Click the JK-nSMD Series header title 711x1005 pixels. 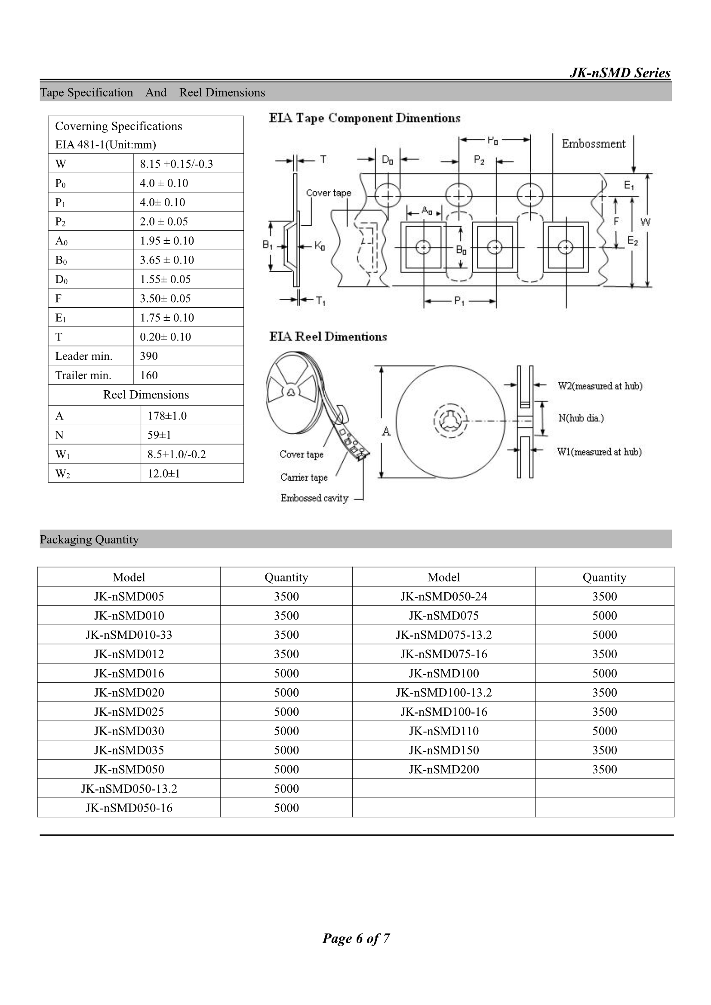[x=619, y=73]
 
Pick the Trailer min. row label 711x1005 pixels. [x=83, y=375]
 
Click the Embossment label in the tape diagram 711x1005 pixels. [x=593, y=144]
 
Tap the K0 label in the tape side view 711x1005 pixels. [x=319, y=246]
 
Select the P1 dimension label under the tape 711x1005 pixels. [x=459, y=301]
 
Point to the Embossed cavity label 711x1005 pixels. [x=314, y=498]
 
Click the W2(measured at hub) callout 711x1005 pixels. [x=600, y=386]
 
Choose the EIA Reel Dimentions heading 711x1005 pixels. [x=328, y=337]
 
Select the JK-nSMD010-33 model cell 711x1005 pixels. [x=129, y=635]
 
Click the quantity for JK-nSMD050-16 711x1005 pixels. [x=286, y=808]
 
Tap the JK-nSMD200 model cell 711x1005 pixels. [x=444, y=769]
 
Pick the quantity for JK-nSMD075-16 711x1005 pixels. [x=605, y=654]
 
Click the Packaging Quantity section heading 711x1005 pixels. [x=89, y=539]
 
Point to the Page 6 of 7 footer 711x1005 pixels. [x=356, y=938]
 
